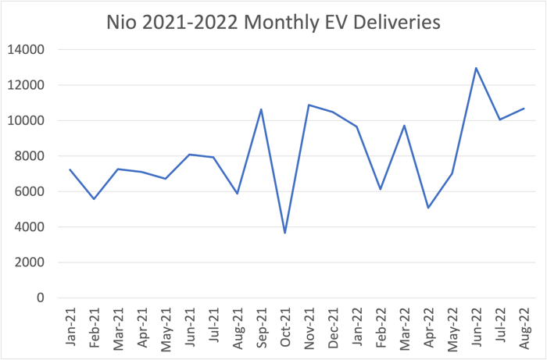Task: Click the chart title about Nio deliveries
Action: tap(273, 23)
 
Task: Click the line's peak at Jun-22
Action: tap(476, 68)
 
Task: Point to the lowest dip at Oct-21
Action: tap(285, 233)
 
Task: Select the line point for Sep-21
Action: tap(261, 109)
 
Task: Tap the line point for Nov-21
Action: tap(309, 105)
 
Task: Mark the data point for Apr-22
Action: tap(428, 208)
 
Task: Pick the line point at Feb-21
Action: tap(94, 199)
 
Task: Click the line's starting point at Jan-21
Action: tap(70, 169)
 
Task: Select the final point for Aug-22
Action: tap(524, 109)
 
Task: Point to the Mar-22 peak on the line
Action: tap(404, 126)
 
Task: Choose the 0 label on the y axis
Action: tap(40, 298)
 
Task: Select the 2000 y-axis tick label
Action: tap(28, 262)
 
